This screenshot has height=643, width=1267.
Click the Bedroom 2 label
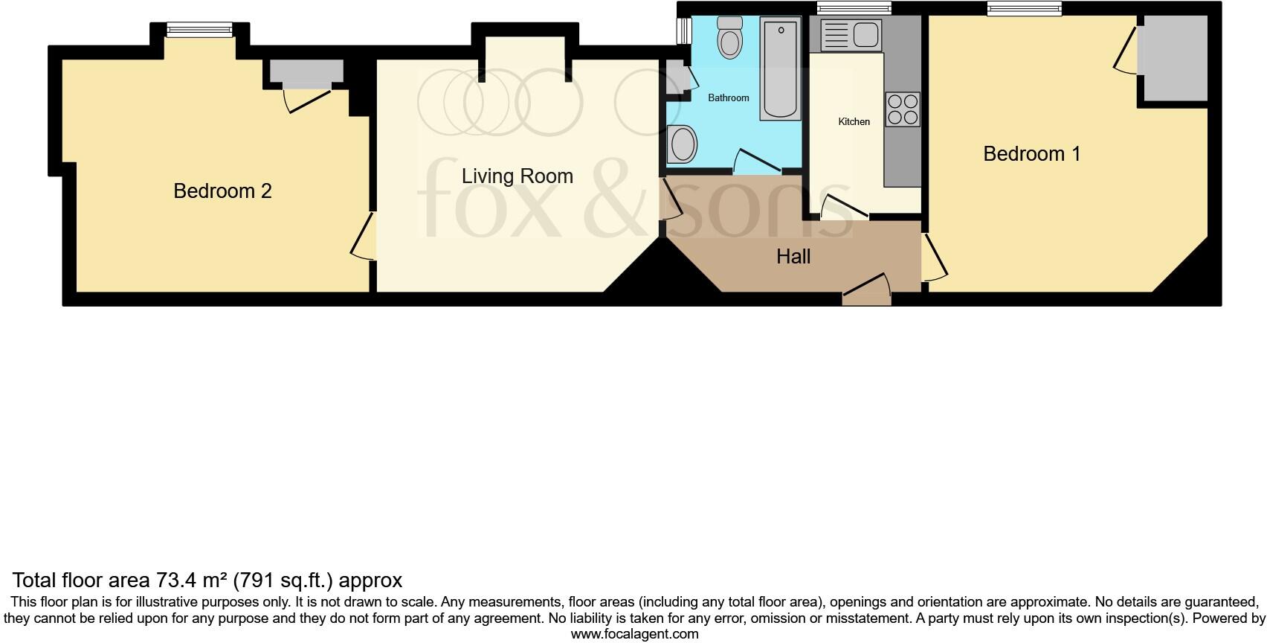click(x=222, y=191)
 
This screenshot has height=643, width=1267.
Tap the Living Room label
click(x=517, y=176)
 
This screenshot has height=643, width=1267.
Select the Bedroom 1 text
click(x=1031, y=154)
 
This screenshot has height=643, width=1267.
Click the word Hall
click(x=793, y=257)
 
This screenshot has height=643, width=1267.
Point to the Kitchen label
click(x=854, y=121)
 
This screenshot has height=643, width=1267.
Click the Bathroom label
click(x=728, y=97)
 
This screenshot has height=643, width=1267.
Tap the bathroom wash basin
click(x=682, y=144)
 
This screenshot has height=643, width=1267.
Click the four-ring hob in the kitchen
click(x=903, y=109)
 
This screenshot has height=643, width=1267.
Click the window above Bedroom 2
click(x=199, y=30)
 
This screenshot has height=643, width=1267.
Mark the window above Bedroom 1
click(x=1024, y=9)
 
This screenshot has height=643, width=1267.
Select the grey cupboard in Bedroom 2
click(x=306, y=71)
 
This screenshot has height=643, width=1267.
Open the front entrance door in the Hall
click(x=866, y=295)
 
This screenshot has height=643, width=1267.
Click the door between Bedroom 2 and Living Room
click(x=367, y=237)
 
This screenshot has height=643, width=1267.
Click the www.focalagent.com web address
click(x=634, y=634)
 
